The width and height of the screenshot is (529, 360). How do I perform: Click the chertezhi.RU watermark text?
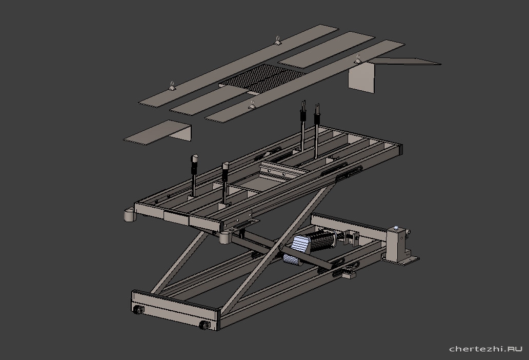click(x=486, y=349)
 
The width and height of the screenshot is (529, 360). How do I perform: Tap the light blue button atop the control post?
click(x=396, y=227)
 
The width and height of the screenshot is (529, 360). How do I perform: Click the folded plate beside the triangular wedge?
click(x=361, y=78)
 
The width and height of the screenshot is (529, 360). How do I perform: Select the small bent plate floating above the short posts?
click(x=158, y=132)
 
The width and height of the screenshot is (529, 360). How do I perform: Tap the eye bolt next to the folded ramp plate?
click(x=358, y=59)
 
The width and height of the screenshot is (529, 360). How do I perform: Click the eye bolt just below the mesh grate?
click(x=252, y=105)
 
